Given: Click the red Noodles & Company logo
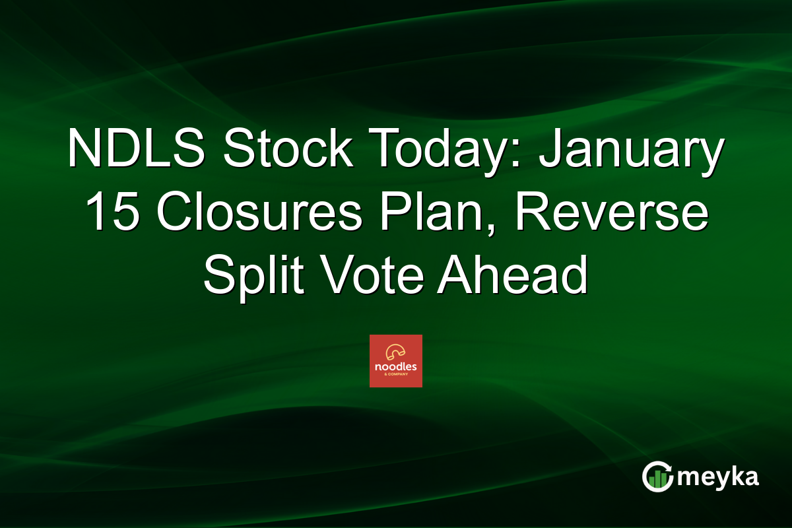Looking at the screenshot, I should point(395,360).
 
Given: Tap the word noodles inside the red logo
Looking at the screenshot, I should point(395,367).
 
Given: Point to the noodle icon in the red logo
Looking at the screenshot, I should point(395,352).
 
